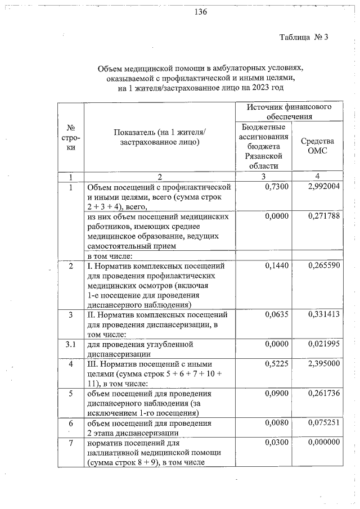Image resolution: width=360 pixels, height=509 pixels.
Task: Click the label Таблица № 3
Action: tap(303, 38)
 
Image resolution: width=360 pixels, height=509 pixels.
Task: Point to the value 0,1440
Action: tap(276, 265)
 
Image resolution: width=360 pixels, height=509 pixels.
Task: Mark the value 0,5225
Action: tap(276, 364)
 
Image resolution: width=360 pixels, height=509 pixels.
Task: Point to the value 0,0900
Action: tap(276, 394)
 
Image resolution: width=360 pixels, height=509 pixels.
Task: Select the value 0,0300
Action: tap(276, 443)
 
